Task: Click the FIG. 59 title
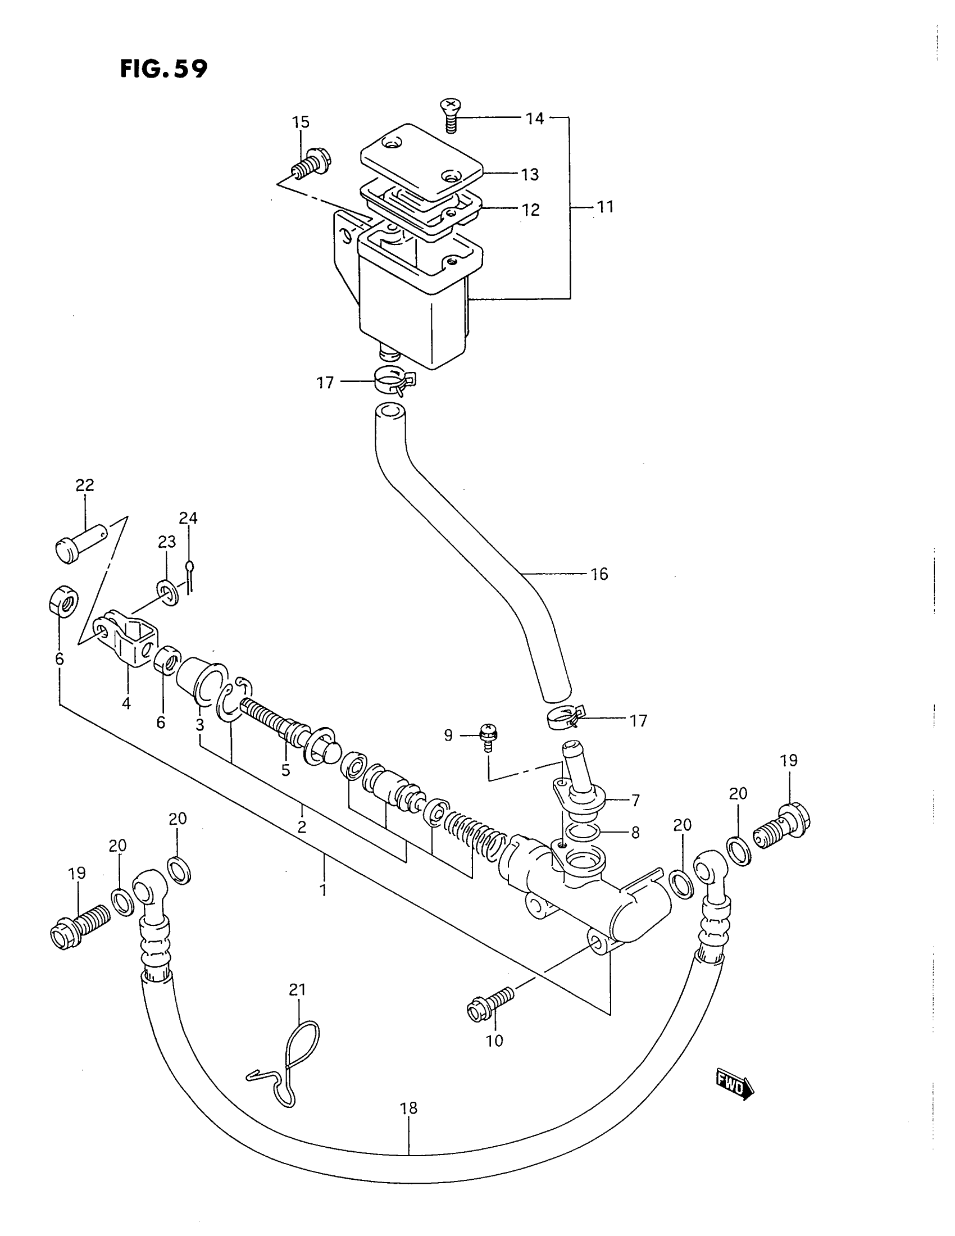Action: point(163,69)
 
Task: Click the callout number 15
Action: point(301,122)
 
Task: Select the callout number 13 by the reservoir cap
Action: point(530,174)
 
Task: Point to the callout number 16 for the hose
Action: point(599,574)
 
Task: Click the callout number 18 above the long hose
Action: point(408,1107)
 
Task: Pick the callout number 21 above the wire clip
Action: point(297,990)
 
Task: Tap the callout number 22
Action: point(85,485)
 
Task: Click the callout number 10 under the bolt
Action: point(494,1040)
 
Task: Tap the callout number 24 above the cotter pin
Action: point(188,518)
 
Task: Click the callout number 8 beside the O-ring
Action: point(635,833)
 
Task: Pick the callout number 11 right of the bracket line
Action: point(606,207)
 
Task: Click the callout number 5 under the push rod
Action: point(286,770)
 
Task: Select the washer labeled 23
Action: point(167,592)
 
